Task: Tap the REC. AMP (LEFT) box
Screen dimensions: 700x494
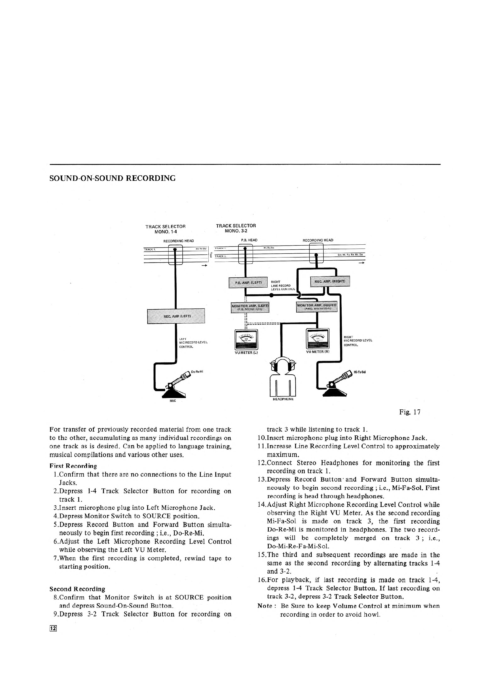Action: point(176,316)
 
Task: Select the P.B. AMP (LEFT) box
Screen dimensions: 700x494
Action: point(248,282)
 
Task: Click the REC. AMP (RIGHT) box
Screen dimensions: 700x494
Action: point(330,281)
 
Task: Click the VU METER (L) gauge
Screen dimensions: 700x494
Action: point(246,339)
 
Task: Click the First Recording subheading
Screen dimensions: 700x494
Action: point(73,466)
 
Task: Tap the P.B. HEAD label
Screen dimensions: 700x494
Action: point(249,240)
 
